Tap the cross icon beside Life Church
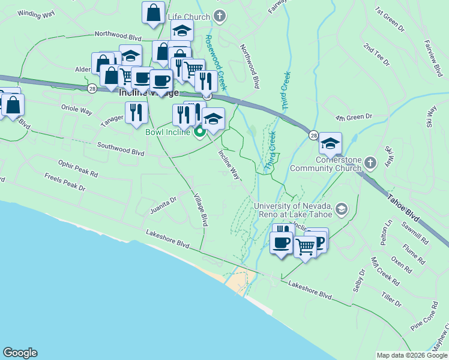220,16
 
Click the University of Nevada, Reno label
294,211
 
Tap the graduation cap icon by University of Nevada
342,209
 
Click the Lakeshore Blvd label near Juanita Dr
167,238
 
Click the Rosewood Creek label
215,59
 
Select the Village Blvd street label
200,209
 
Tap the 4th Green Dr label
355,116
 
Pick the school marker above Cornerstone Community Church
330,144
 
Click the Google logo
20,353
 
